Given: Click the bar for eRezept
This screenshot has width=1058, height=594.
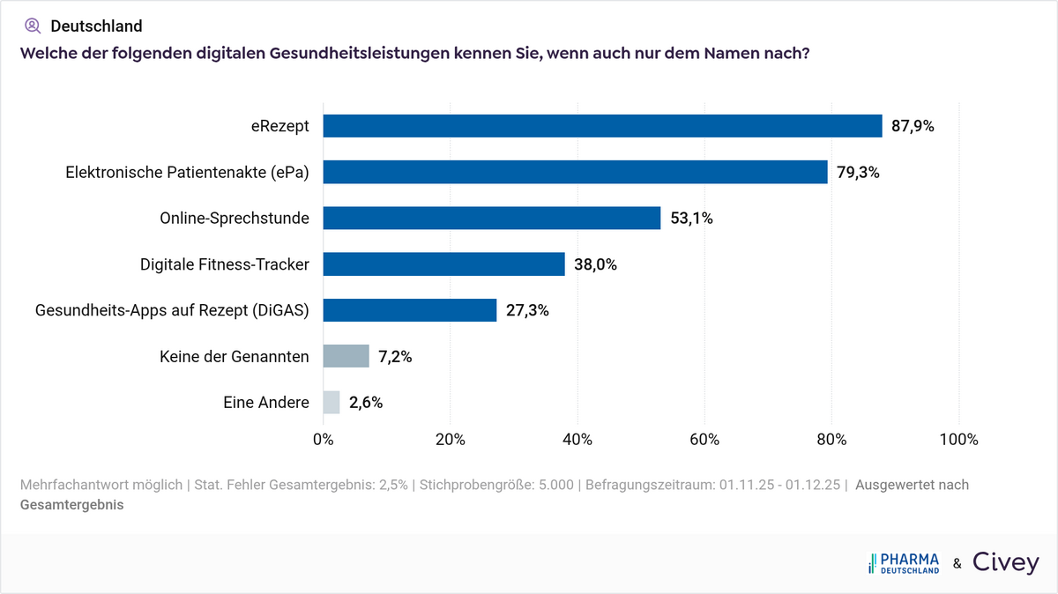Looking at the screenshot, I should click(602, 126).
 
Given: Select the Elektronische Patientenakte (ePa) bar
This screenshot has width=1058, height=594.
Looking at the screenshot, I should click(575, 172).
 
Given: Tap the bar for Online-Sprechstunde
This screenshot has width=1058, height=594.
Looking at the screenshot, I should click(492, 218).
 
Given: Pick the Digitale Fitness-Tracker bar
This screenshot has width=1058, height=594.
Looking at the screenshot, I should click(443, 264).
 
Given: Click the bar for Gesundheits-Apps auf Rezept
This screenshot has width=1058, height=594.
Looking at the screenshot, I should click(410, 310).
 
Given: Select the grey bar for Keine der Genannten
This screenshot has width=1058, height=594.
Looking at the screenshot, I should click(346, 356).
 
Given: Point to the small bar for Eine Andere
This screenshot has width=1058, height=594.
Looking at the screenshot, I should click(332, 403).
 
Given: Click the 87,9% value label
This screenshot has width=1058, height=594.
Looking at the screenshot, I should click(913, 126).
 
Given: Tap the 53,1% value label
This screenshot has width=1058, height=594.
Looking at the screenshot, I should click(691, 219).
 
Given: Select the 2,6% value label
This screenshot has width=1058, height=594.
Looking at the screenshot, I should click(366, 403).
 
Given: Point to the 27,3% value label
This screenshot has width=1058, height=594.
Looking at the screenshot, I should click(527, 310).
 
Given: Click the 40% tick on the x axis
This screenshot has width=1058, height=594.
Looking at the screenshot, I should click(577, 440).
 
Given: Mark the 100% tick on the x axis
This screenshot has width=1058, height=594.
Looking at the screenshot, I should click(958, 440).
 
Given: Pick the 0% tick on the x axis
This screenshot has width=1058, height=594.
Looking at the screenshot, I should click(324, 440).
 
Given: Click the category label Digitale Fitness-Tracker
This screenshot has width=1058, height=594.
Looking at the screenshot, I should click(224, 264).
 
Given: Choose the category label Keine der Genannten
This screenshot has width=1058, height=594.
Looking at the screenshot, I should click(234, 356).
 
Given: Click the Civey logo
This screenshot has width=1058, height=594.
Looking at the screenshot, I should click(1006, 563).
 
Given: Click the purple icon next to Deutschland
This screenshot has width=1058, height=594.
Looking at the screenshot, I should click(33, 26).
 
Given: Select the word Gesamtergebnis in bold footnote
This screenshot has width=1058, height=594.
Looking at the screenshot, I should click(71, 505).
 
